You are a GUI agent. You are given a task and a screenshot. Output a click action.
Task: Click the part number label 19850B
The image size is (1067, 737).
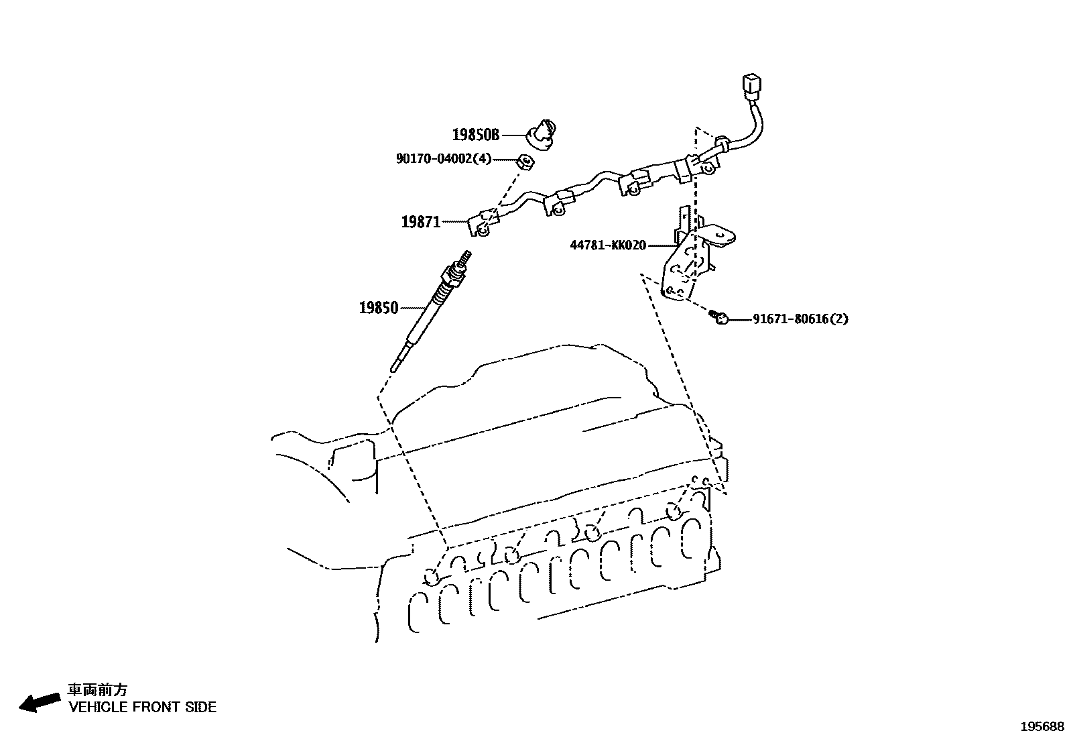476,135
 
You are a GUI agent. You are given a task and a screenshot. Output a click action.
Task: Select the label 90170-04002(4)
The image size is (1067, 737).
444,159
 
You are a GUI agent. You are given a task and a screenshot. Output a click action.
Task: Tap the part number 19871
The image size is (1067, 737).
420,222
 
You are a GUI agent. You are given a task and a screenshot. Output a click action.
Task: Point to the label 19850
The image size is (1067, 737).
379,308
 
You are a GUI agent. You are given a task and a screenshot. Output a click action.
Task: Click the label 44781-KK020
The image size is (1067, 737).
608,245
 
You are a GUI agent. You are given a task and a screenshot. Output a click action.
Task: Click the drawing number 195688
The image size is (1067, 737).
1042,726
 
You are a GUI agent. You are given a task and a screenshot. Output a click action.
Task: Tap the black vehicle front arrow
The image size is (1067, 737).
38,702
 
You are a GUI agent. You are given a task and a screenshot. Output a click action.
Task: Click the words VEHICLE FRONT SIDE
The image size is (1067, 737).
143,707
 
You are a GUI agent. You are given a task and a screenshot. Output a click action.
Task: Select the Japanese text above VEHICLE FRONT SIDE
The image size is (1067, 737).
98,689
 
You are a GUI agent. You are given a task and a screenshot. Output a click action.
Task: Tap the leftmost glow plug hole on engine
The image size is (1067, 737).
432,577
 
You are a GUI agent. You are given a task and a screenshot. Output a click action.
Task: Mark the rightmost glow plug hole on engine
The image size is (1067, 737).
674,513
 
